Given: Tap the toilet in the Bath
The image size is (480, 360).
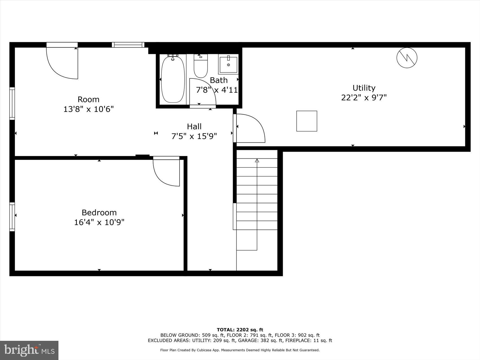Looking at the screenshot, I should (201, 67).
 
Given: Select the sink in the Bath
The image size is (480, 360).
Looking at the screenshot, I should (228, 64).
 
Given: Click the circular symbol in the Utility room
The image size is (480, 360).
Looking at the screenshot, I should (407, 58).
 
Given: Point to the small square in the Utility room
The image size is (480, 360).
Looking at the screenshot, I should (307, 121).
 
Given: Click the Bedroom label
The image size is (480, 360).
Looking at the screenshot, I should (99, 212).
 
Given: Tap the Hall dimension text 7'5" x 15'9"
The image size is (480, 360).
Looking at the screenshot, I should (194, 136).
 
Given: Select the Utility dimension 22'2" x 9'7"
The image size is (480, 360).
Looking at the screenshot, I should (364, 97).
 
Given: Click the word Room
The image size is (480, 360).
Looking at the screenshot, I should (88, 99).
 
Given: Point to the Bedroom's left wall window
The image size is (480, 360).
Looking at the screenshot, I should (12, 217).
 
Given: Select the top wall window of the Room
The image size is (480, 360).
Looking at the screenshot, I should (128, 45).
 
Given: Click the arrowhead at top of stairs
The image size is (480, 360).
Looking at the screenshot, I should (257, 160).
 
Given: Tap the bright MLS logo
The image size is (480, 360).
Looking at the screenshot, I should (29, 350).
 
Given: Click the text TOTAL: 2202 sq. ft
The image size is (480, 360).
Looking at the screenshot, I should (240, 330).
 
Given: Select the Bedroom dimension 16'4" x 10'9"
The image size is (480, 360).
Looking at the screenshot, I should (99, 222).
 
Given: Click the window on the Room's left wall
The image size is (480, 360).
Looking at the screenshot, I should (12, 104).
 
